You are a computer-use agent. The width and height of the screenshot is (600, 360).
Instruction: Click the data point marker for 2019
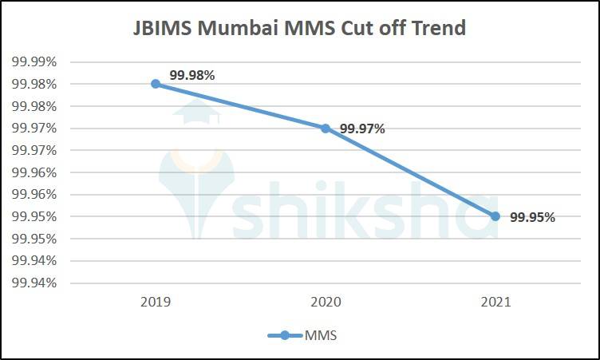156,84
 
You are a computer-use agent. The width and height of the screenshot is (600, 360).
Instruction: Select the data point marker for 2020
326,128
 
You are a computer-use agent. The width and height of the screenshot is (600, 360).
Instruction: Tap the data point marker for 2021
495,216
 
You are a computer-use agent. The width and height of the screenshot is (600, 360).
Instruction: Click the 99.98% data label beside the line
192,75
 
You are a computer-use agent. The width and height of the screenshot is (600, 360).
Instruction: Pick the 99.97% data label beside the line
362,129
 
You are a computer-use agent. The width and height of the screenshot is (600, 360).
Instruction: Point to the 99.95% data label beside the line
532,216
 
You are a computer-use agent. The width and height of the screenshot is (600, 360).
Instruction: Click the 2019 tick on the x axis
156,303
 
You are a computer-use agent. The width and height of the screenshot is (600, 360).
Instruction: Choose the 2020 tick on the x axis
326,303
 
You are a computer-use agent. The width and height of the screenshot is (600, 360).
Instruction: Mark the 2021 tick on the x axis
495,303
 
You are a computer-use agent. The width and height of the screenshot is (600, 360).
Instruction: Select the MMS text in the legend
321,335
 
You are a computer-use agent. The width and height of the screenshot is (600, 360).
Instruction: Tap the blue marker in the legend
285,335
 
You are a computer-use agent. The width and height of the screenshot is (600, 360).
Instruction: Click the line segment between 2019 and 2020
240,105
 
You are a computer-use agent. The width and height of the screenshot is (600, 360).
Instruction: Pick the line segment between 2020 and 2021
410,172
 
